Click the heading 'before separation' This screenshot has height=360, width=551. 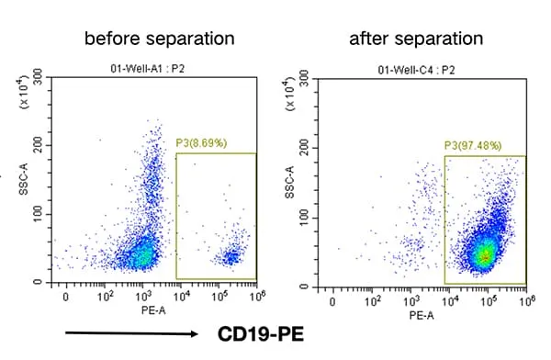(160, 39)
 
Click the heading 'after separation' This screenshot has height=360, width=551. (416, 39)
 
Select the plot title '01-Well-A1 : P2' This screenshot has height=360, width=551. (148, 69)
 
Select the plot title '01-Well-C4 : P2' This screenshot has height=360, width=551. (416, 70)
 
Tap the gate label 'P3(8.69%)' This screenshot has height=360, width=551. (201, 142)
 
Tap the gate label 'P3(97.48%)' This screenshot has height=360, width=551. (473, 145)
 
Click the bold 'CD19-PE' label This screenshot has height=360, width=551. (261, 334)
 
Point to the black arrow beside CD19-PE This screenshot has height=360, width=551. (131, 333)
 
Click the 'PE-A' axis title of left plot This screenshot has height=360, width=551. (153, 310)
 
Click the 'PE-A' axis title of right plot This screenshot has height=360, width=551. (422, 315)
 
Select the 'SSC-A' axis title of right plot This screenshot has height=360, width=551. (290, 183)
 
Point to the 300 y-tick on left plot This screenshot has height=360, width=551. (38, 76)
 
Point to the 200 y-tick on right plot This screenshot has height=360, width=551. (304, 148)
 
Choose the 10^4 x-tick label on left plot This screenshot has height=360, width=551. (181, 297)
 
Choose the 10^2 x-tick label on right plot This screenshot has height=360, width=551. (372, 301)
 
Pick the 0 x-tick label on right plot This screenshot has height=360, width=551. (332, 302)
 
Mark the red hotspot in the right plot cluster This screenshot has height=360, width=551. (486, 258)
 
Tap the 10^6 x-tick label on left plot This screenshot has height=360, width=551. (257, 297)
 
